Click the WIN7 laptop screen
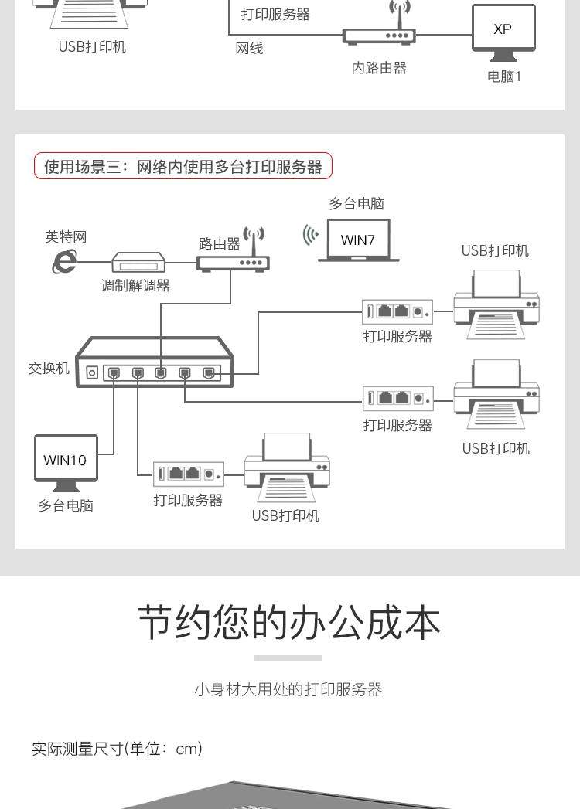tap(358, 240)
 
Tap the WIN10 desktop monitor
tap(66, 460)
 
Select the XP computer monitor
tap(503, 29)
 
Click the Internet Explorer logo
tap(64, 262)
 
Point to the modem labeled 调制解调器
tap(138, 262)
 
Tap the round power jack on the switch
tap(92, 372)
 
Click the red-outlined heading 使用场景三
tap(183, 166)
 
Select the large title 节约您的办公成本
tap(289, 623)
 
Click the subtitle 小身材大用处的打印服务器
tap(288, 689)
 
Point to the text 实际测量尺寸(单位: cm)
tap(117, 749)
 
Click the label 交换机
tap(49, 369)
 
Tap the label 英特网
tap(66, 237)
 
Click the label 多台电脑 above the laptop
tap(357, 203)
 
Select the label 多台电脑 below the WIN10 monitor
tap(66, 505)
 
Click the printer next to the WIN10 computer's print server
tap(287, 467)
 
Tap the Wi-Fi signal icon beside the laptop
tap(310, 235)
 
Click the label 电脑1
tap(504, 76)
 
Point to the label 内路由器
tap(379, 68)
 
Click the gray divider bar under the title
tap(288, 658)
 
